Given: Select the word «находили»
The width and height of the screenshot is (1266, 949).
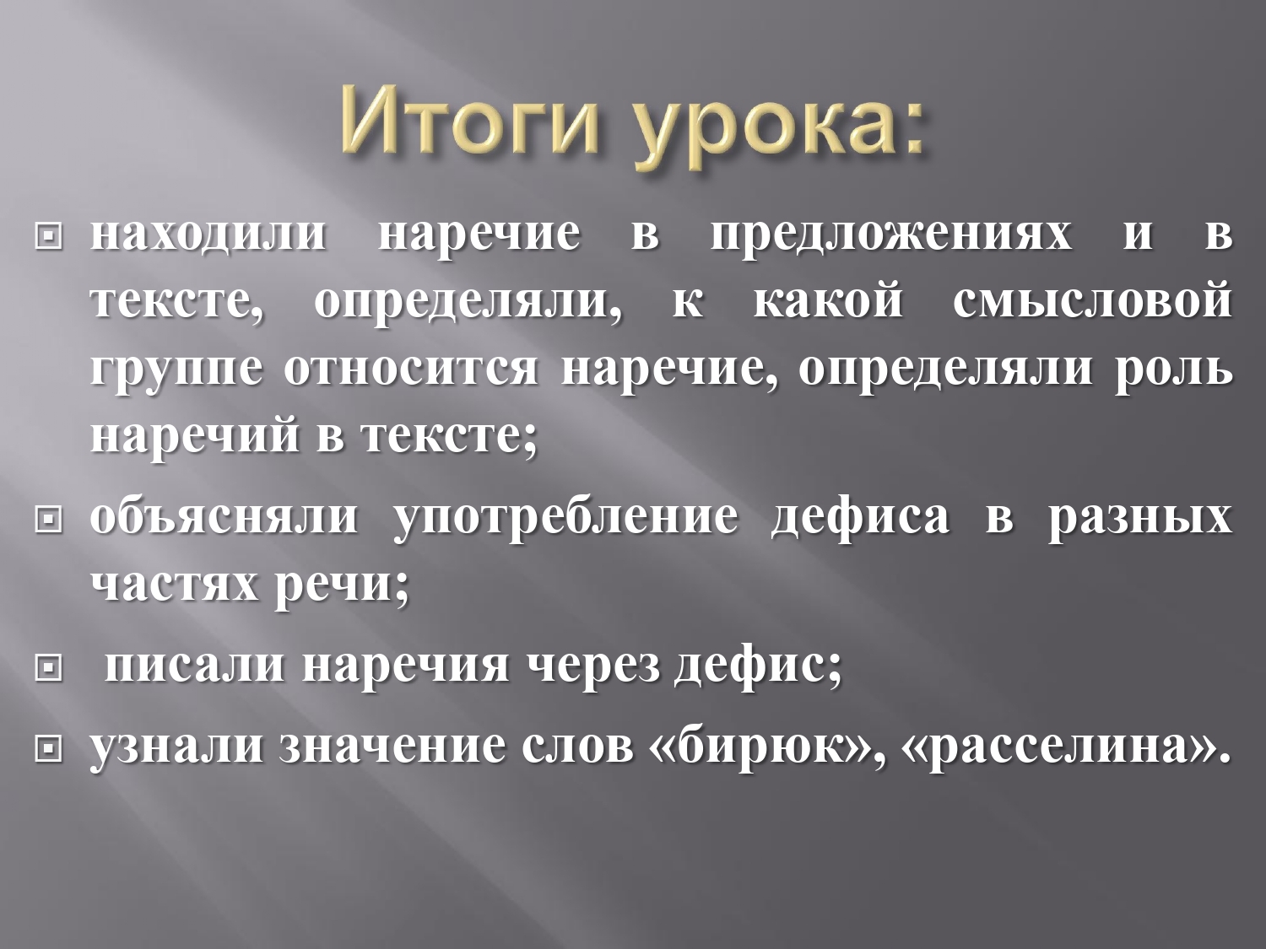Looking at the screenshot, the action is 208,236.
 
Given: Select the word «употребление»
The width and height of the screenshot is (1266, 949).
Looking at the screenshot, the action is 565,520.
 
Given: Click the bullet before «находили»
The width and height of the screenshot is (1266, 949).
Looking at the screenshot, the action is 48,237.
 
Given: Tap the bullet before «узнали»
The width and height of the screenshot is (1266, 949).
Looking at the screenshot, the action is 48,750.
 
